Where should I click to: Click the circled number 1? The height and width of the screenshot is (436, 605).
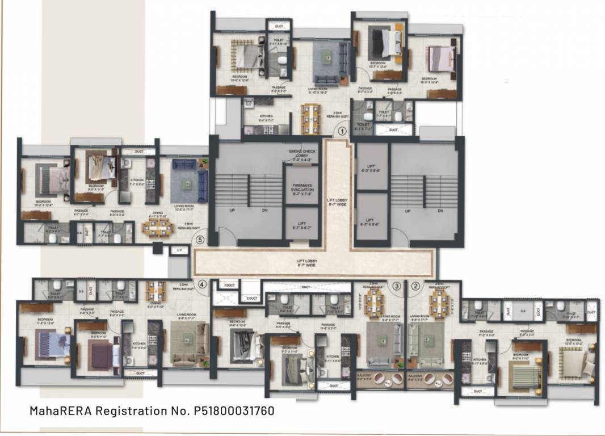[x=342, y=131]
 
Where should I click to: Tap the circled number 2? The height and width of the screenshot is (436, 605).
[x=415, y=286]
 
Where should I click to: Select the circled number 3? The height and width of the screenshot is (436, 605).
[x=397, y=286]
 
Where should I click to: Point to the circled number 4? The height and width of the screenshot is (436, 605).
[x=201, y=284]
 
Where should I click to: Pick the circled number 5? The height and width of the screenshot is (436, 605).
[x=199, y=240]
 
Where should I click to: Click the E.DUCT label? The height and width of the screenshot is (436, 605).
[x=251, y=297]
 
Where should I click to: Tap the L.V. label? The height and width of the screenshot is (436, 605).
[x=180, y=250]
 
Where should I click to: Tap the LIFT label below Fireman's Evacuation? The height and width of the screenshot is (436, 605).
[x=301, y=225]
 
